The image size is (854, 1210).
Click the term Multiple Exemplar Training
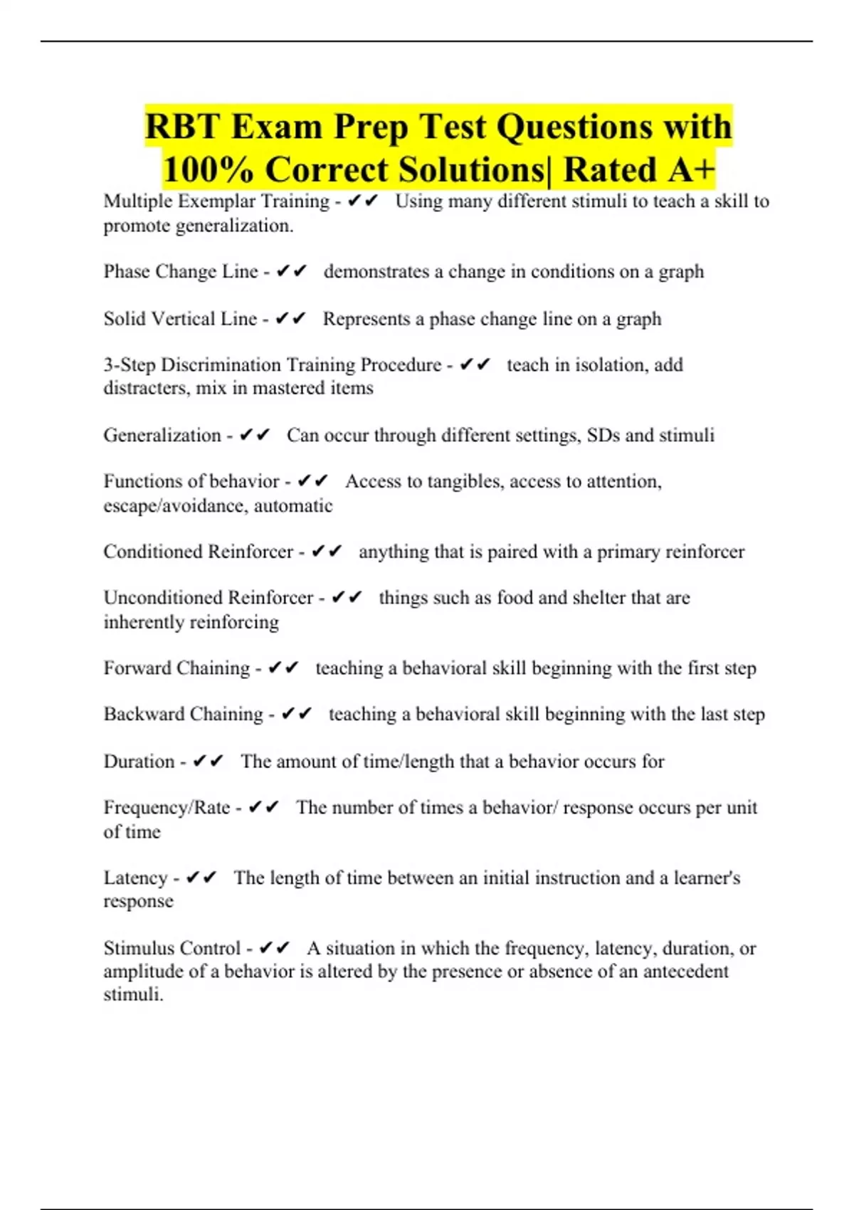tap(216, 201)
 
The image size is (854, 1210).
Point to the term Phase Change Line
tap(181, 272)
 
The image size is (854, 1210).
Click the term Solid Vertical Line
tap(180, 319)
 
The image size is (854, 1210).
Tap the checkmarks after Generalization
tap(255, 435)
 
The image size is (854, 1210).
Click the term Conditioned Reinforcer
tap(198, 552)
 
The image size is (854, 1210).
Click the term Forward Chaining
tap(176, 668)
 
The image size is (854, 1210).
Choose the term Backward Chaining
tap(183, 715)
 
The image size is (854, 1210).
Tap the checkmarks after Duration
tap(208, 762)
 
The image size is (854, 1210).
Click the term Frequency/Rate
tap(167, 808)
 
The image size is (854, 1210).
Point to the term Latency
tap(135, 878)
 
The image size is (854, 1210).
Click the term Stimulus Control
tap(172, 949)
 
